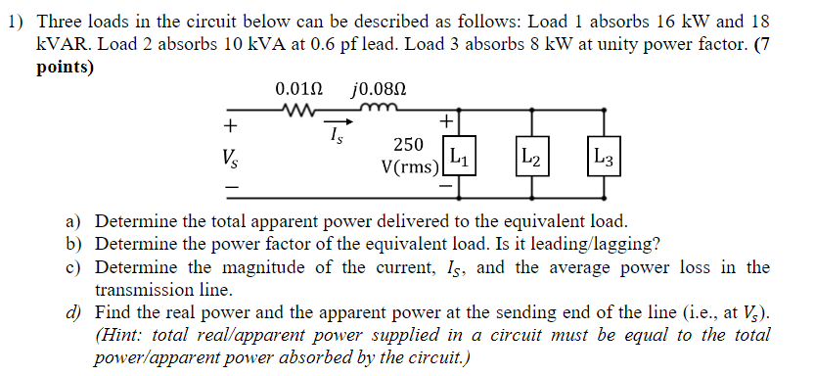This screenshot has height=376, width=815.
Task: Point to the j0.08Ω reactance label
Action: (378, 89)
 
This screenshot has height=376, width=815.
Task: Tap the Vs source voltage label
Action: (229, 157)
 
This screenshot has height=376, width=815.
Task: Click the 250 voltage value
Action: (408, 145)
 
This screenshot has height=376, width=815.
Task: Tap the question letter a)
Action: (74, 221)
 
